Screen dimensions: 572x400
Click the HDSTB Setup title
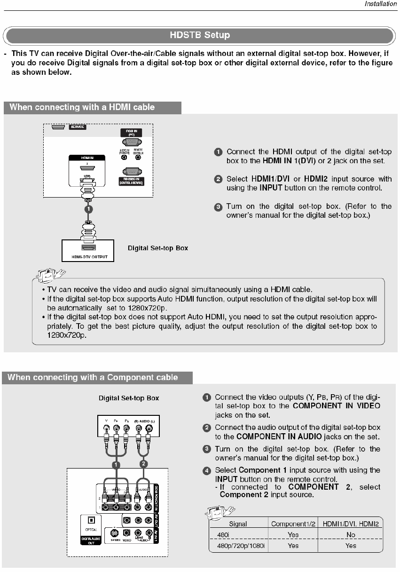[200, 35]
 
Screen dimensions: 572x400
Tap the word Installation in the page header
[381, 4]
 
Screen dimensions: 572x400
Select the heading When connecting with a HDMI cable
[82, 107]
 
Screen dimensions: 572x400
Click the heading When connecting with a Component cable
[93, 377]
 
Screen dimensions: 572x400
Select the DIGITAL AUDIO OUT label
[92, 540]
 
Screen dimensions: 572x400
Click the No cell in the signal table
[351, 535]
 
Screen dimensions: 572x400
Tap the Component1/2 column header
[292, 524]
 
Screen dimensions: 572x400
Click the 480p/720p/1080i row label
[238, 546]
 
